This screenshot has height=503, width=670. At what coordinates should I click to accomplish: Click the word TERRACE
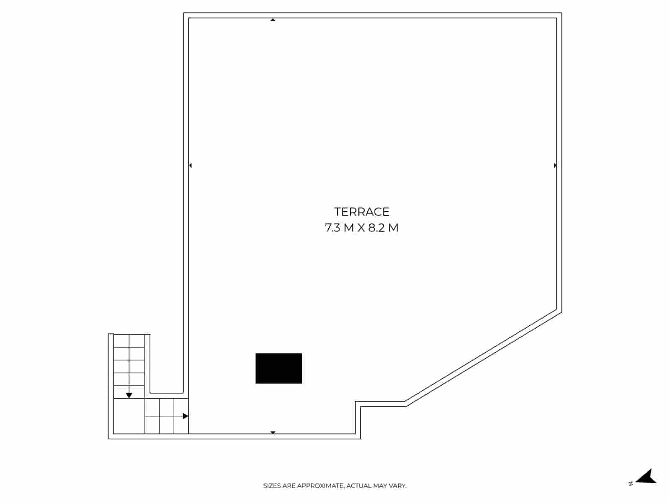(x=362, y=212)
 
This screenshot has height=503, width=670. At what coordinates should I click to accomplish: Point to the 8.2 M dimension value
(x=383, y=228)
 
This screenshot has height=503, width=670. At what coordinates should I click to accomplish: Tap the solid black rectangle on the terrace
(x=279, y=368)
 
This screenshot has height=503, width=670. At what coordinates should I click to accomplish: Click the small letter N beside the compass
(x=631, y=483)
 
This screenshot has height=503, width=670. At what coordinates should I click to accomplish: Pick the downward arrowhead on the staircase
(x=129, y=396)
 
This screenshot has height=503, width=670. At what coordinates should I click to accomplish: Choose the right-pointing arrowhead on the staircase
(x=185, y=416)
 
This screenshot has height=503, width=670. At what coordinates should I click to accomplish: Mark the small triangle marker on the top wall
(x=273, y=20)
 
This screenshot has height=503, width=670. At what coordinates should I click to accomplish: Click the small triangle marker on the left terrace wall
(x=191, y=165)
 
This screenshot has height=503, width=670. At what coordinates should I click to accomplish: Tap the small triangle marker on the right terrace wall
(x=555, y=165)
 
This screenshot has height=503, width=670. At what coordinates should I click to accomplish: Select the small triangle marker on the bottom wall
(x=273, y=433)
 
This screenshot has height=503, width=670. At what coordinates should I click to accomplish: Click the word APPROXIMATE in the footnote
(x=320, y=485)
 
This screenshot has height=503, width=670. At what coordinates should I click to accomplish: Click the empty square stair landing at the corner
(x=129, y=416)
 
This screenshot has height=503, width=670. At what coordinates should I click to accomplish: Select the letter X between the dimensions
(x=361, y=228)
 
